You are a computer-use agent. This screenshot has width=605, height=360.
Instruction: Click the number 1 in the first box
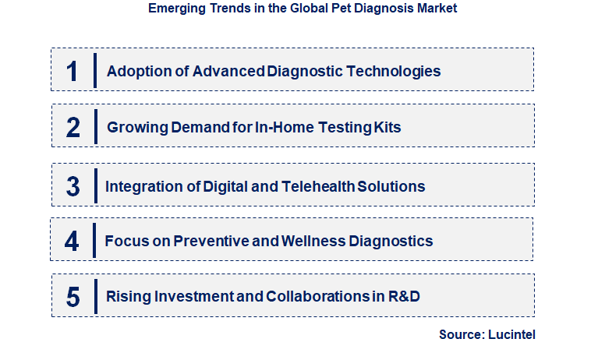click(73, 71)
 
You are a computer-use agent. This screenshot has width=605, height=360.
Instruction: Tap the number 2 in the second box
click(73, 127)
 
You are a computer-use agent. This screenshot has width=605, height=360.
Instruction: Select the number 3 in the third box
click(73, 186)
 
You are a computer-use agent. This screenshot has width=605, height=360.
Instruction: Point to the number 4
click(73, 241)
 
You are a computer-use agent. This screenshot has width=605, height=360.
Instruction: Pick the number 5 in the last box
click(73, 297)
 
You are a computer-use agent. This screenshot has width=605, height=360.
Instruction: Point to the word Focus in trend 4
click(125, 241)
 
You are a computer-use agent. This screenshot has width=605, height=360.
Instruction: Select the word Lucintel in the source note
click(513, 334)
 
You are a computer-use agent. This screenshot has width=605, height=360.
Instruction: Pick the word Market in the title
click(436, 9)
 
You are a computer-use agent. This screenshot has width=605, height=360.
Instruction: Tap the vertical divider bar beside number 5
click(94, 297)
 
